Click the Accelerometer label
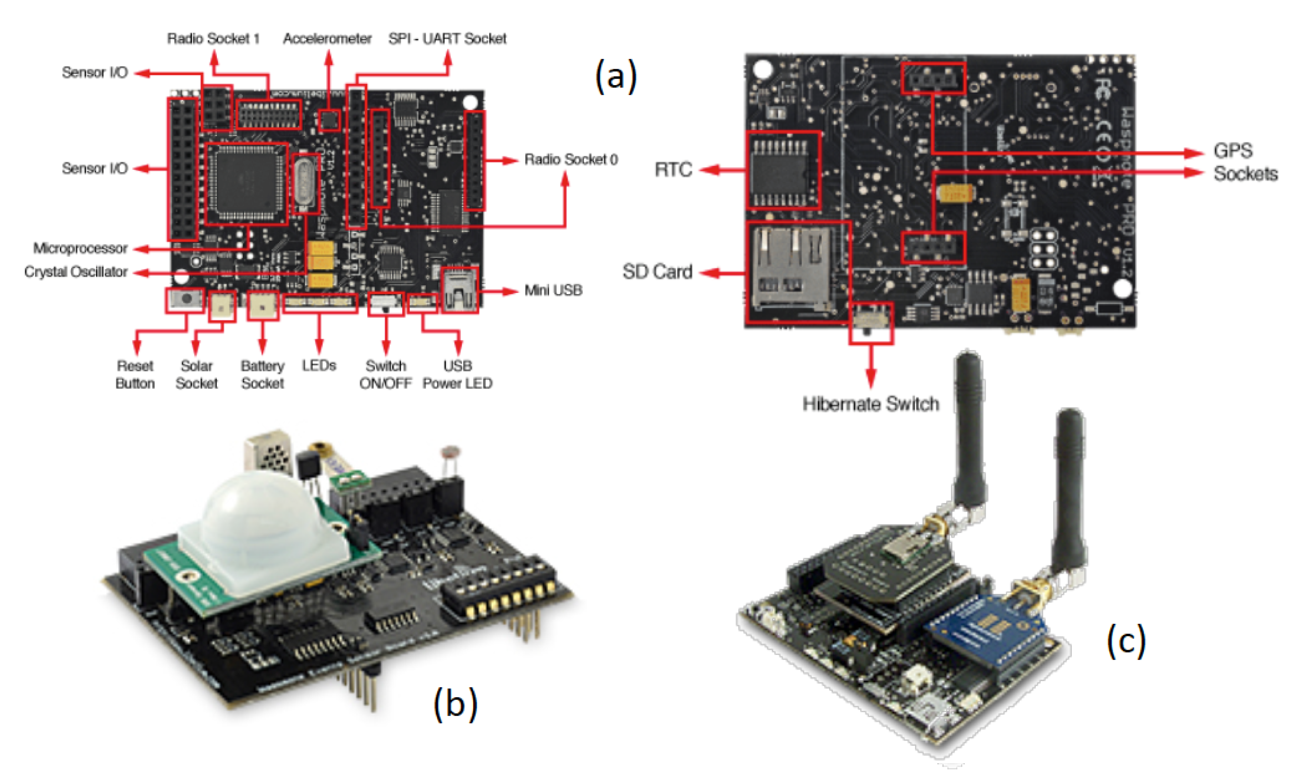[327, 39]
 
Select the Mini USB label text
[553, 291]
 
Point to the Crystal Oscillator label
[76, 272]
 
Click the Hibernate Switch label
[871, 404]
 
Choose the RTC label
[673, 169]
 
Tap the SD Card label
[657, 272]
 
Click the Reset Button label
[135, 374]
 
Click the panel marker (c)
[1126, 641]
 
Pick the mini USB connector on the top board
[460, 291]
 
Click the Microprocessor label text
[80, 248]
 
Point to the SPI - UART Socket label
[447, 39]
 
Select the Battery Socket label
[262, 374]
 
